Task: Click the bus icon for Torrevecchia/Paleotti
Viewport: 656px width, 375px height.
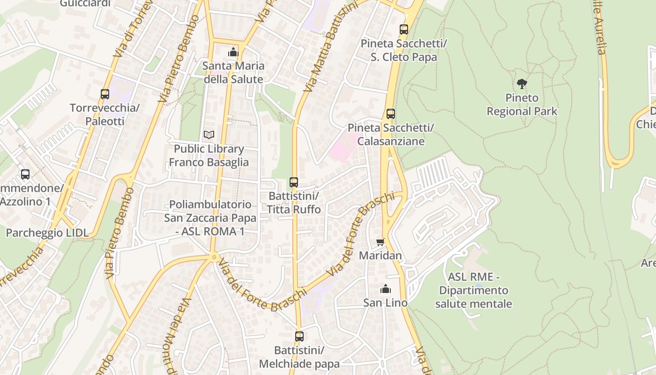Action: coord(105,94)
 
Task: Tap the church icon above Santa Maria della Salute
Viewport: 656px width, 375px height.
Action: coord(233,52)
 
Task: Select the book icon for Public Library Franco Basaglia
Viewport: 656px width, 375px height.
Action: coord(209,135)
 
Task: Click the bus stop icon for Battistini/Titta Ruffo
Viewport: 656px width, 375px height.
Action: coord(294,182)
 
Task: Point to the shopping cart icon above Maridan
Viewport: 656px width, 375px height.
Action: coord(380,242)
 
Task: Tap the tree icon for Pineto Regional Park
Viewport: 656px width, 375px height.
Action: coord(522,84)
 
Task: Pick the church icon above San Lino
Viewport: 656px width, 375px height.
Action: coord(386,289)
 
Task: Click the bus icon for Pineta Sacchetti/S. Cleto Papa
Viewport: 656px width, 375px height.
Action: coord(404,30)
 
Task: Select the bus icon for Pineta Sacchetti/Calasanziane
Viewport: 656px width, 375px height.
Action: coord(390,114)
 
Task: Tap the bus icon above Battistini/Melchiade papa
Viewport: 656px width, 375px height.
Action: coord(299,336)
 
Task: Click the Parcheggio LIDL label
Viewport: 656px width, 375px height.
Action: coord(47,233)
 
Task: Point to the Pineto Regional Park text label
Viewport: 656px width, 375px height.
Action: coord(522,105)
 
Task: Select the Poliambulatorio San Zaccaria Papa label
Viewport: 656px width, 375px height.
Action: coord(210,218)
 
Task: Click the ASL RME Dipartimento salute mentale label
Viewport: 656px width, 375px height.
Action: coord(473,290)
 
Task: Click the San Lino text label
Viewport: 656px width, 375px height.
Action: coord(385,303)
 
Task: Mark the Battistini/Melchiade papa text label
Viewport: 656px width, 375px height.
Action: coord(299,357)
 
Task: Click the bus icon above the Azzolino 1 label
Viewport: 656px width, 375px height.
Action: coord(25,174)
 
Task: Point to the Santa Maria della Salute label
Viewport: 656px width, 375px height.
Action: coord(233,73)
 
